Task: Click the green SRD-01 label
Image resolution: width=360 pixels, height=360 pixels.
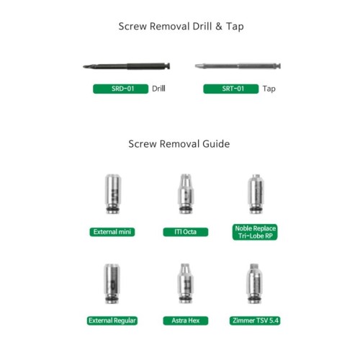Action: point(120,89)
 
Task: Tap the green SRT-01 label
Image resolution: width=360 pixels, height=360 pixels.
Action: point(231,89)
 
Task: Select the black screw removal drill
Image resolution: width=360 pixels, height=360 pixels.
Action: point(127,66)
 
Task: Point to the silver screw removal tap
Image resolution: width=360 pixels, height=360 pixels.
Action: point(238,66)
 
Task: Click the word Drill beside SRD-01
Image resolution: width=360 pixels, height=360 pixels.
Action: point(158,89)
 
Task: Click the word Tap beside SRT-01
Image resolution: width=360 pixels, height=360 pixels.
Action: point(269,89)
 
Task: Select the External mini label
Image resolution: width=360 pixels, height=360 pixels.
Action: point(112,232)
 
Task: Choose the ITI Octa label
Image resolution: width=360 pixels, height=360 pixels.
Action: point(186,232)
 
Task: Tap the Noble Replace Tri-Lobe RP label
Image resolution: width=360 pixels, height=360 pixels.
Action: point(255,232)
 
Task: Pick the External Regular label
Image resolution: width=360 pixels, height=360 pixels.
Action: point(112,320)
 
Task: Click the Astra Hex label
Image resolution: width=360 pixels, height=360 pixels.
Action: point(186,320)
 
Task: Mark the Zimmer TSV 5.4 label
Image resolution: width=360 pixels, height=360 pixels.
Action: point(255,320)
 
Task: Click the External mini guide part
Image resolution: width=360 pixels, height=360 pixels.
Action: point(113,194)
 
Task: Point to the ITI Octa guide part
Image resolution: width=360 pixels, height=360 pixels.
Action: point(186,194)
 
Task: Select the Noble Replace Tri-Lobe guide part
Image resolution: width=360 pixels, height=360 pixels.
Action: point(256,194)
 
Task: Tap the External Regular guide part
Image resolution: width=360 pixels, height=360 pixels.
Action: point(112,284)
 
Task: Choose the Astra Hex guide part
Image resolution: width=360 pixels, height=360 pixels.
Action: point(185,284)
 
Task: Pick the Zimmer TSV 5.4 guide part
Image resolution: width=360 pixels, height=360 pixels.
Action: point(254,284)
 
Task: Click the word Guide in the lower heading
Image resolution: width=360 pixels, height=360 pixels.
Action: point(216,144)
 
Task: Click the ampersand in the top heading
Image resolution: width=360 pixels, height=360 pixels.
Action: point(219,27)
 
